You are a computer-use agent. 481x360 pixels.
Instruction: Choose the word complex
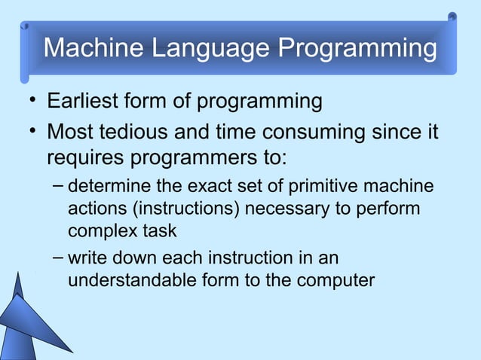pyautogui.click(x=97, y=230)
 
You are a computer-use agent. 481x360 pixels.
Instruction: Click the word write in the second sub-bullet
pyautogui.click(x=85, y=259)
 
